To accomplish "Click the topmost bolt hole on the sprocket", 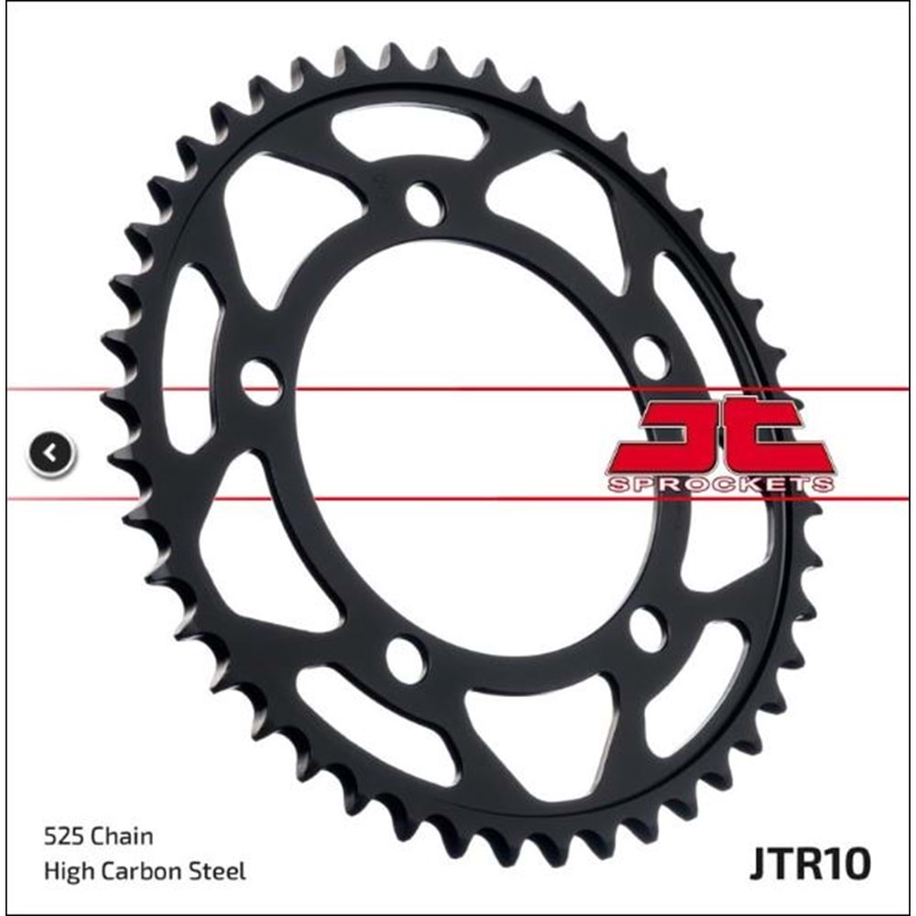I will click(x=423, y=203).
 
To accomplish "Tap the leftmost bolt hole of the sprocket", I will click(x=261, y=380).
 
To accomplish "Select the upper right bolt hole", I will click(x=650, y=355).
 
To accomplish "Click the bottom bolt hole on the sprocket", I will click(x=405, y=659).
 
